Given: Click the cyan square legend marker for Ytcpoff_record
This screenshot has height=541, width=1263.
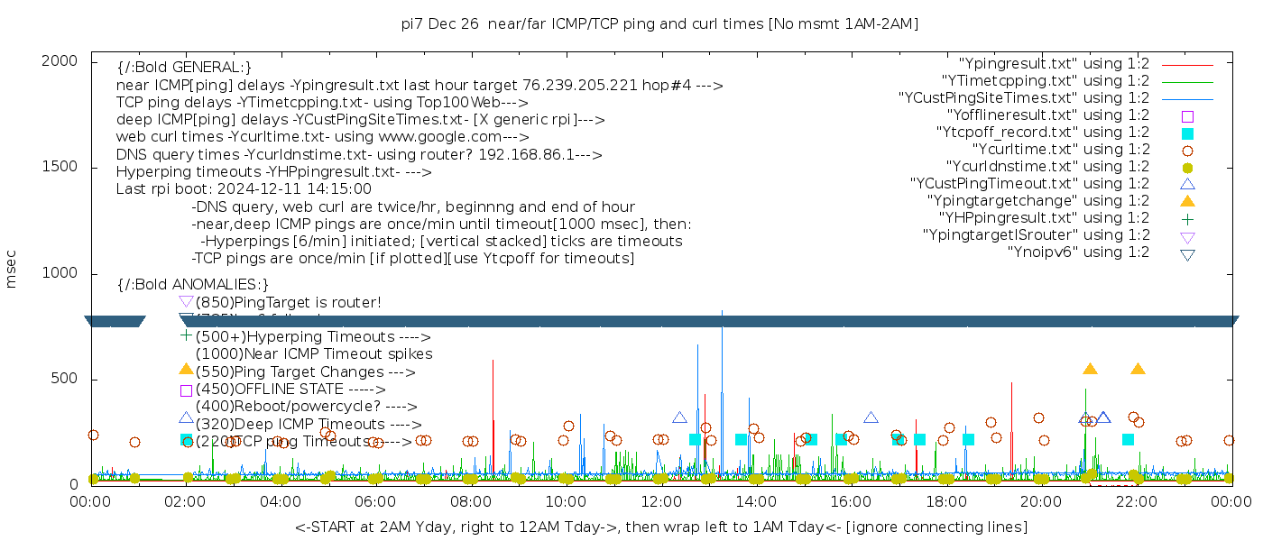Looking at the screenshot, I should click(1187, 133).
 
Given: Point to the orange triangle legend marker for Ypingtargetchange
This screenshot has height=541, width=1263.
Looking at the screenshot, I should click(1187, 200).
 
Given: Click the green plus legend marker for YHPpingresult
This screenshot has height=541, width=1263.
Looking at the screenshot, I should click(1187, 218).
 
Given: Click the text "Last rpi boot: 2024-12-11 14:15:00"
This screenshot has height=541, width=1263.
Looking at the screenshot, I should click(244, 189).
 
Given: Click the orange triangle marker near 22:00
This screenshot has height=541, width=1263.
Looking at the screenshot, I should click(1138, 369).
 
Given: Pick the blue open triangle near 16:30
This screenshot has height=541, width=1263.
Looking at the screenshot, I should click(871, 417).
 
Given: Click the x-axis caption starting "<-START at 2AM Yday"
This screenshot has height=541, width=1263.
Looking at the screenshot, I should click(660, 527).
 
